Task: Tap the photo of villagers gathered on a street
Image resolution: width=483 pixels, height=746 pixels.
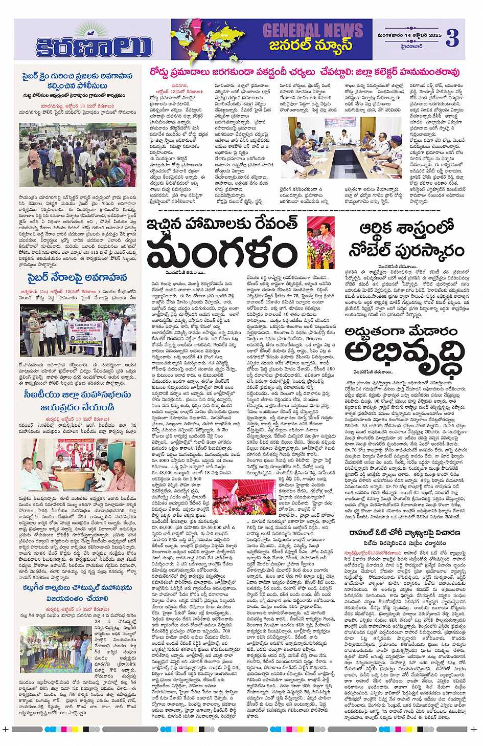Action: (x=78, y=162)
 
